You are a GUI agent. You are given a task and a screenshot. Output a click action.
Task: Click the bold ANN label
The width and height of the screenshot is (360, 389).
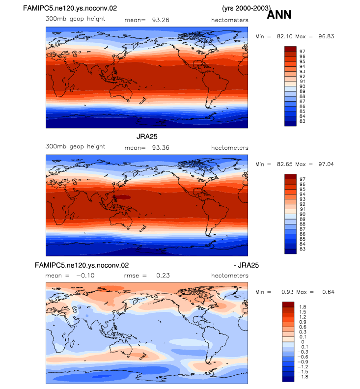[279, 15]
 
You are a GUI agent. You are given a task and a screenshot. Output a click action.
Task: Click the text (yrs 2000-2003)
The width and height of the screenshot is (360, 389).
[247, 8]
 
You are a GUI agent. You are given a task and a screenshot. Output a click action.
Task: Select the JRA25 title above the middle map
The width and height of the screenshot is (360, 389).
[147, 137]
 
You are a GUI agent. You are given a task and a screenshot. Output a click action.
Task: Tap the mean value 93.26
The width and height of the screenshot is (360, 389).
[161, 20]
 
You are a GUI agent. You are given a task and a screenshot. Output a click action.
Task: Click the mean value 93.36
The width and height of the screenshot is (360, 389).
[161, 148]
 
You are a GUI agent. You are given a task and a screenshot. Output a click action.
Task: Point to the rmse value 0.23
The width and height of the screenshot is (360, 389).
[163, 276]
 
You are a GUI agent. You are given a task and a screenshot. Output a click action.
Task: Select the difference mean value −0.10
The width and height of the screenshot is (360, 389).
[85, 276]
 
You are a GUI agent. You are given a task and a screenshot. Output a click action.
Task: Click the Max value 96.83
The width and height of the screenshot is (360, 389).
[326, 36]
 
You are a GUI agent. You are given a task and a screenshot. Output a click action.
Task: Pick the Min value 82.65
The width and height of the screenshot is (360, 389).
[285, 164]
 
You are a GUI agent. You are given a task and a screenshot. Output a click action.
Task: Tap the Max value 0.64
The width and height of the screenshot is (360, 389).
[328, 292]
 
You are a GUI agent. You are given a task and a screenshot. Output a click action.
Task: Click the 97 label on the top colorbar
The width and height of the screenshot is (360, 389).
[302, 52]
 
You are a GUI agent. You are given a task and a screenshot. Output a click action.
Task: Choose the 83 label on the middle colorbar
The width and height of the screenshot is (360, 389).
[302, 249]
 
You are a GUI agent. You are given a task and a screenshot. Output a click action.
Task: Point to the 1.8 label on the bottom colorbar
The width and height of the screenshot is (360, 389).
[303, 307]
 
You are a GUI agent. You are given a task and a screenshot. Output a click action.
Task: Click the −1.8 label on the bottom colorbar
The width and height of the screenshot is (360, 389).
[303, 377]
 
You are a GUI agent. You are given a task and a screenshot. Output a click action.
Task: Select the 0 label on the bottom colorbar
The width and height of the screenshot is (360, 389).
[303, 342]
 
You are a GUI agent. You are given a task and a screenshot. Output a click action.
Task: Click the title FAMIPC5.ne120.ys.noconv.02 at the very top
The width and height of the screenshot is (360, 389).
[70, 8]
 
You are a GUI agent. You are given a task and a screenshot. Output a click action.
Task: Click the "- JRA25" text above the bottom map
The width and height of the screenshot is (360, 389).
[246, 265]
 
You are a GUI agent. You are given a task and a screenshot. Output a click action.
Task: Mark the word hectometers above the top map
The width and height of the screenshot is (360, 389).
[230, 20]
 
